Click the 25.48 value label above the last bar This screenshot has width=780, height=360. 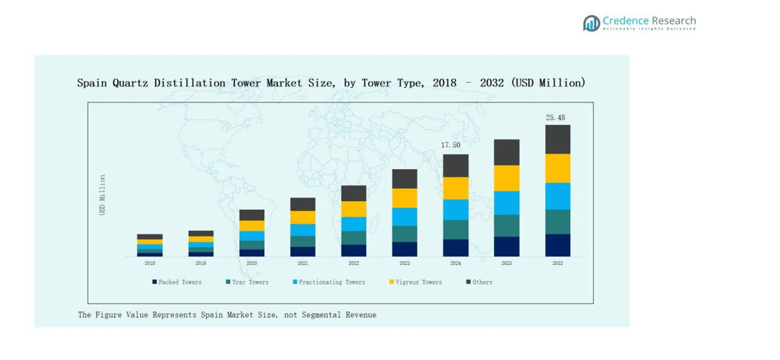coord(556,118)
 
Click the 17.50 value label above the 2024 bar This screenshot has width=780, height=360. coord(451,145)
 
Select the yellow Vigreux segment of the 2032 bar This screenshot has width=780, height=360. coord(557,168)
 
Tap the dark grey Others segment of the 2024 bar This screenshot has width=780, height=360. coord(456,165)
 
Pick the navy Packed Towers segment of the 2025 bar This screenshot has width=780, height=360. coord(506,247)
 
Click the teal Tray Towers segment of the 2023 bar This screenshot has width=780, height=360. coord(404,234)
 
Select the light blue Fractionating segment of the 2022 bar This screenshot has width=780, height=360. coord(353,224)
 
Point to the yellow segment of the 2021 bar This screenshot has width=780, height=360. coord(303,217)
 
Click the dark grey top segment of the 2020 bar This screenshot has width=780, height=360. coord(252,215)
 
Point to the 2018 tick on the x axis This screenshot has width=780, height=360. coord(149,263)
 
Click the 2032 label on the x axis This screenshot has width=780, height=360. coord(557,263)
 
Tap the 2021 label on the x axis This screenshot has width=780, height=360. coord(303,263)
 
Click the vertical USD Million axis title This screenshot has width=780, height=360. coord(102,194)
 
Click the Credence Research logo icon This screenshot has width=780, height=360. coord(591,23)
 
